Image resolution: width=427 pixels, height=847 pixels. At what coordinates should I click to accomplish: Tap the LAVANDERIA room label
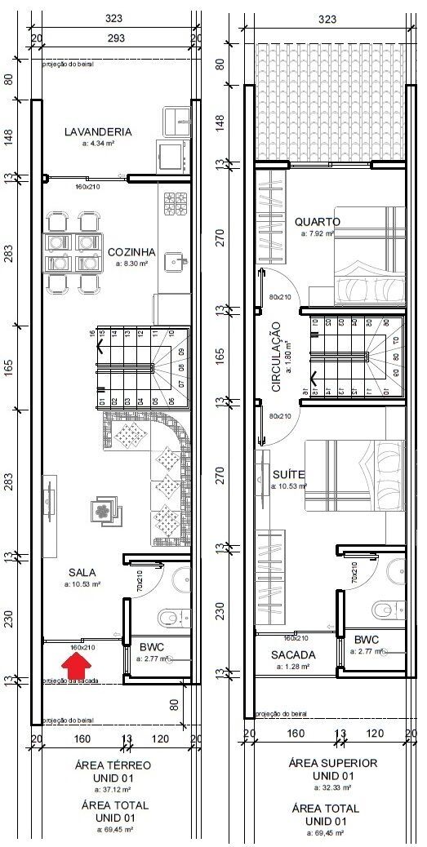click(97, 131)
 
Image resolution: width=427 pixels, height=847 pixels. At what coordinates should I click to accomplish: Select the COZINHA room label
click(132, 252)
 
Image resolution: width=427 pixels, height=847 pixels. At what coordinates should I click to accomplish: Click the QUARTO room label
click(318, 222)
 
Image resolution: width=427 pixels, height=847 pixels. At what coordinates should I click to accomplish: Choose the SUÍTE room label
click(288, 474)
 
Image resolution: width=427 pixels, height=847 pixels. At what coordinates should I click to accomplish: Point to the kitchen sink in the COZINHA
click(174, 261)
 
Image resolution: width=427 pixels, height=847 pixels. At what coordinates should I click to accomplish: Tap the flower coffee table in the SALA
click(104, 511)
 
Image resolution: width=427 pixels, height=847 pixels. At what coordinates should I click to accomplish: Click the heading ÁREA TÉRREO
click(113, 765)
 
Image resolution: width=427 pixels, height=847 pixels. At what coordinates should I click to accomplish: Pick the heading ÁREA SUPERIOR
click(332, 763)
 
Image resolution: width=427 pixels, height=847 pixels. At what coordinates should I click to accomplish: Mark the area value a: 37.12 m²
click(113, 789)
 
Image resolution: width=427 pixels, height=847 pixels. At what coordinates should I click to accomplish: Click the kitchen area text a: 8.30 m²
click(132, 264)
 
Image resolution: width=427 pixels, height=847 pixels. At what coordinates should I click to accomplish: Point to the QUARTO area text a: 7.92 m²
click(318, 233)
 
